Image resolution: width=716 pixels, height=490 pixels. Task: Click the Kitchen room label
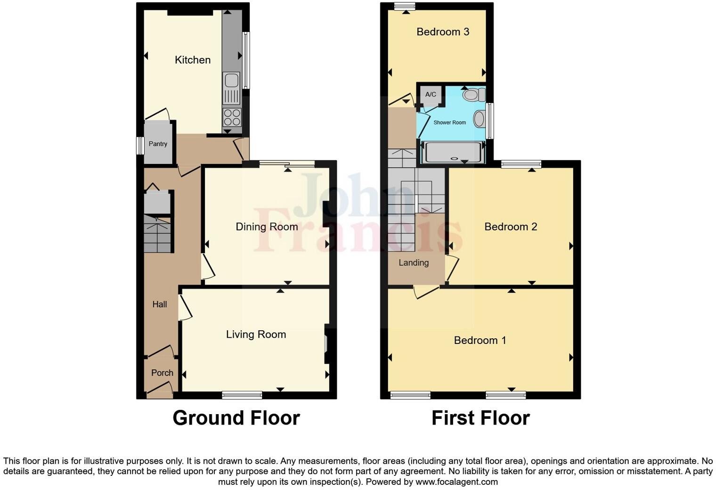pyautogui.click(x=192, y=60)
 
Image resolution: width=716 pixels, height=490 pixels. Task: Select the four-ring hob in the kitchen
pyautogui.click(x=231, y=117)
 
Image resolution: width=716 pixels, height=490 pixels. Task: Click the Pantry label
pyautogui.click(x=158, y=144)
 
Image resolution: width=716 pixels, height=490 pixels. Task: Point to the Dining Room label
pyautogui.click(x=267, y=227)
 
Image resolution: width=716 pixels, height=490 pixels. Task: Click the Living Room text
pyautogui.click(x=256, y=335)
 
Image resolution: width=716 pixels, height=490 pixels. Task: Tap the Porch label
pyautogui.click(x=162, y=373)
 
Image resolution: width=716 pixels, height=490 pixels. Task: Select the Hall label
pyautogui.click(x=160, y=304)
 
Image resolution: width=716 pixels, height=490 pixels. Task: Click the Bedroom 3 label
pyautogui.click(x=443, y=32)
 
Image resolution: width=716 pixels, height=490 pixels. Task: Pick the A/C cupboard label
pyautogui.click(x=431, y=94)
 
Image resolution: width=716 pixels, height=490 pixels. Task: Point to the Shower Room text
pyautogui.click(x=449, y=122)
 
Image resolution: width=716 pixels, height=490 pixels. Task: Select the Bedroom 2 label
pyautogui.click(x=511, y=227)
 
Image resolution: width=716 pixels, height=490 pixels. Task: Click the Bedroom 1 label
pyautogui.click(x=480, y=340)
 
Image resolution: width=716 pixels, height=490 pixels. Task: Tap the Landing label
pyautogui.click(x=414, y=263)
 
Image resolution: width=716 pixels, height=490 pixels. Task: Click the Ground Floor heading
pyautogui.click(x=236, y=418)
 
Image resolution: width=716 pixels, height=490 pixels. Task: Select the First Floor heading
pyautogui.click(x=480, y=418)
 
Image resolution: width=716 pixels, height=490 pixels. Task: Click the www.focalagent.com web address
pyautogui.click(x=456, y=482)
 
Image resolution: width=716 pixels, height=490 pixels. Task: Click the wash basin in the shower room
pyautogui.click(x=479, y=119)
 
